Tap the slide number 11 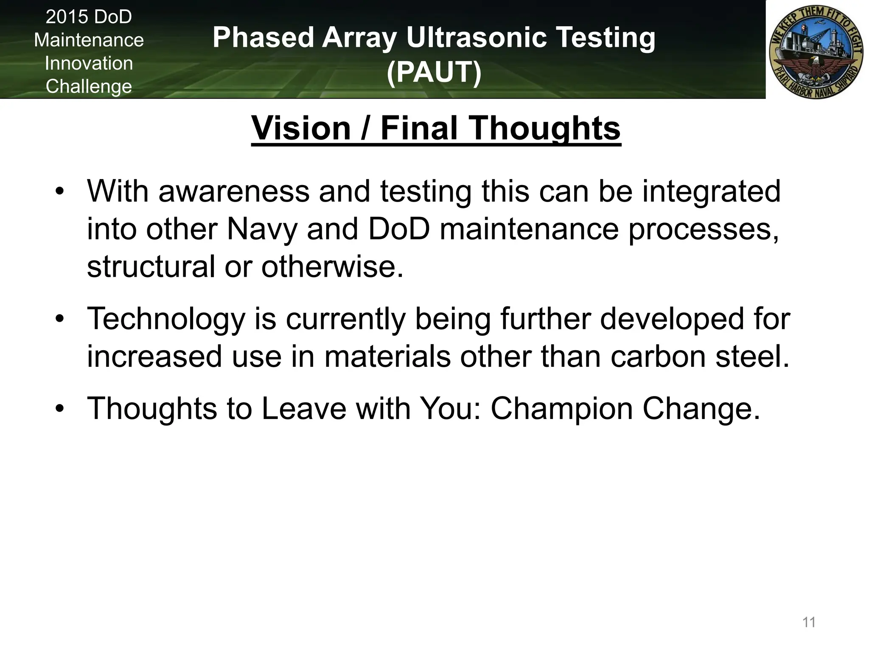pos(809,622)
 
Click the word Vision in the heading pos(301,128)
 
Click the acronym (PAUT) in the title pos(434,72)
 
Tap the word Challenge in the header pos(89,87)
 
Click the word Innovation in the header pos(89,63)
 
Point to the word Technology pos(166,319)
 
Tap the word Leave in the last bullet pos(304,409)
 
